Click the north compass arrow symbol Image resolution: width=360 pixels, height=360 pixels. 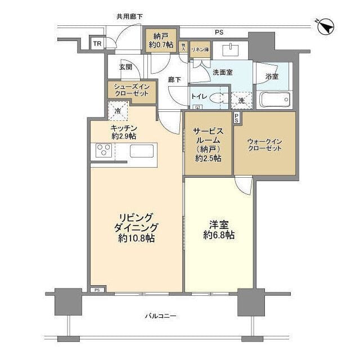326,26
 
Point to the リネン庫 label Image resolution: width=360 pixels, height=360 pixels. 200,49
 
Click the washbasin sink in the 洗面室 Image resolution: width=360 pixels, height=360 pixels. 231,50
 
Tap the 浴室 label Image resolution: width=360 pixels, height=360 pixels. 272,76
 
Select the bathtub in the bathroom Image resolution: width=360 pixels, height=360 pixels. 273,100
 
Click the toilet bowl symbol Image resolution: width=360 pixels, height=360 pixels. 217,97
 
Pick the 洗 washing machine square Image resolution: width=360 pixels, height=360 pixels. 241,100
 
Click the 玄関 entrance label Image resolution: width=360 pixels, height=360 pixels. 126,67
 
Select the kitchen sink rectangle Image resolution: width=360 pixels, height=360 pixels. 142,151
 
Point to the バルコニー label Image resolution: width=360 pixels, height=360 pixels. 160,316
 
